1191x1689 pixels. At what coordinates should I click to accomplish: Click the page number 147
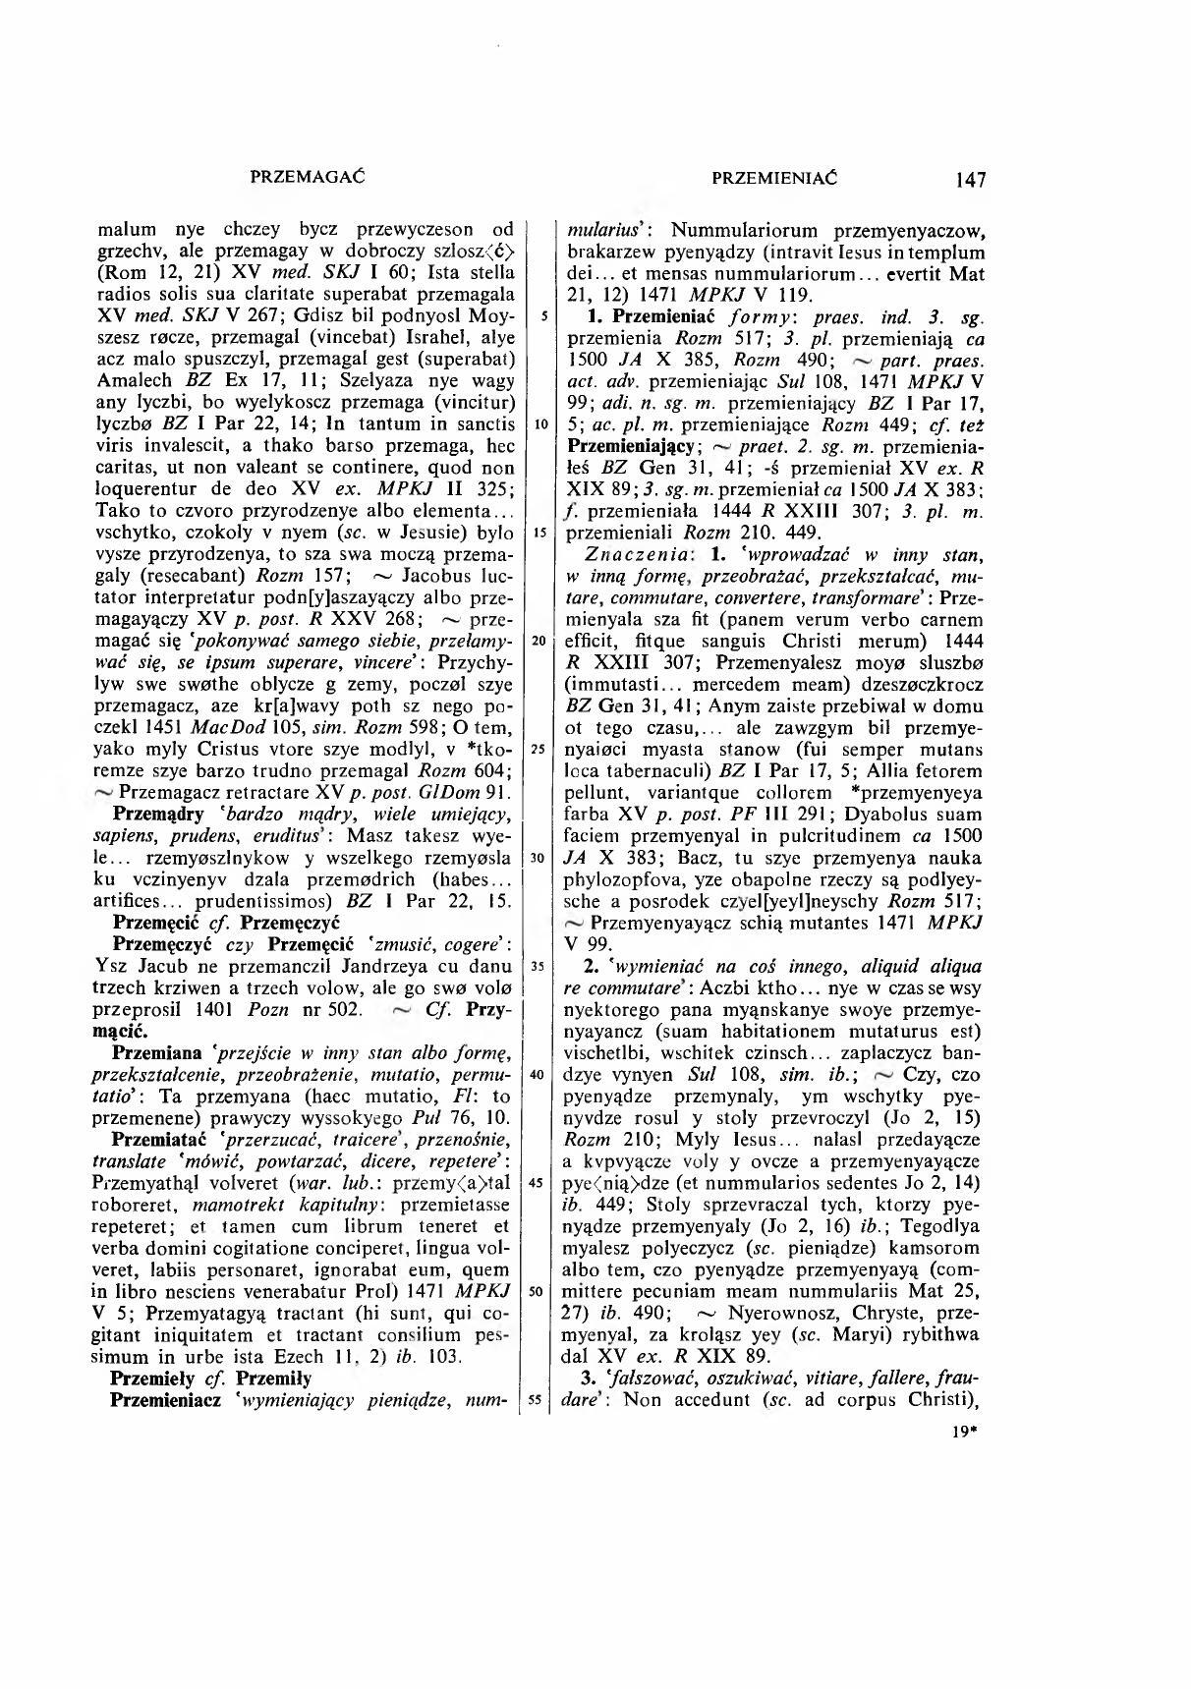tap(968, 179)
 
